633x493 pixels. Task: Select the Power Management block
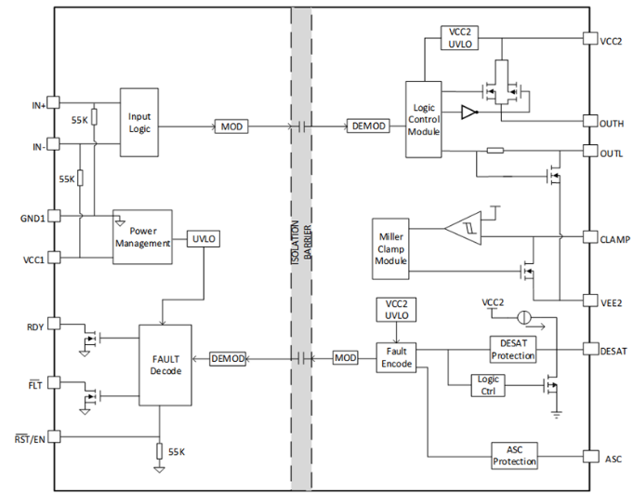coord(142,236)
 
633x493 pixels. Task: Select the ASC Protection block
coord(515,456)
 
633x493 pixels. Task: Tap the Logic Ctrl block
coord(487,384)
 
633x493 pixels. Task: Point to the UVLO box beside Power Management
coord(204,238)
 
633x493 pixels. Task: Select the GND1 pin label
coord(33,215)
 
